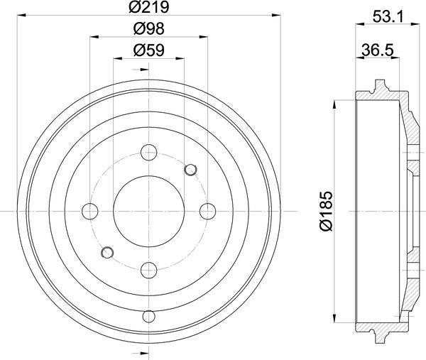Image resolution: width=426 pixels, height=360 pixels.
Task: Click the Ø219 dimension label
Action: (x=148, y=7)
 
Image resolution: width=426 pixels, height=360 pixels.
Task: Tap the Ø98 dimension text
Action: (x=149, y=28)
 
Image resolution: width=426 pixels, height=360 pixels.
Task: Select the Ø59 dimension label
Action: (x=149, y=50)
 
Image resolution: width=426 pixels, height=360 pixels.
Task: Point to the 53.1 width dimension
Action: (x=388, y=17)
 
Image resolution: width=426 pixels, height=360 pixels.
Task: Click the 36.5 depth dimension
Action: (x=378, y=50)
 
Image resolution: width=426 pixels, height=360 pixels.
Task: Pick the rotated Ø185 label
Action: (x=327, y=211)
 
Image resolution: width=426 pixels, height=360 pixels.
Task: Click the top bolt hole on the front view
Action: (x=149, y=153)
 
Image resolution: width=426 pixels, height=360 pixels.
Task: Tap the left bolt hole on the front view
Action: (x=90, y=211)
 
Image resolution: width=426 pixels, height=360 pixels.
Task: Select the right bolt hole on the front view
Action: (x=208, y=211)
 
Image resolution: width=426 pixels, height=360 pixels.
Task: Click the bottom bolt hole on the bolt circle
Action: (x=149, y=270)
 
